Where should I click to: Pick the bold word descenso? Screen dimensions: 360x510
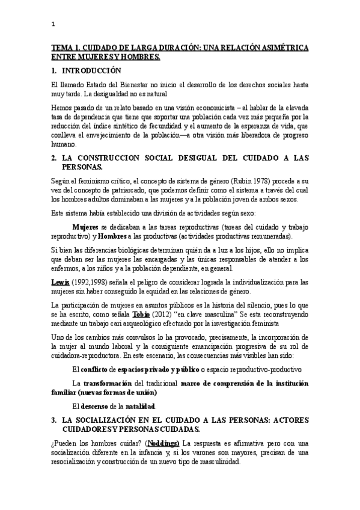pyautogui.click(x=100, y=407)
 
